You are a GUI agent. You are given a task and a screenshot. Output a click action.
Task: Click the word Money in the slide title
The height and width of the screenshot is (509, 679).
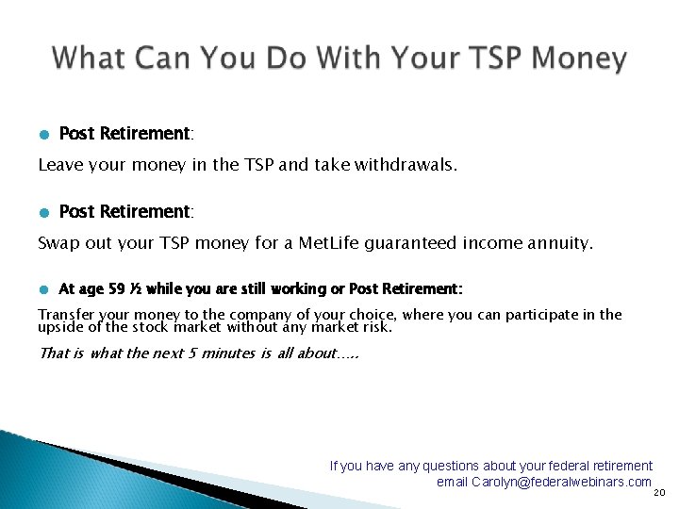[578, 58]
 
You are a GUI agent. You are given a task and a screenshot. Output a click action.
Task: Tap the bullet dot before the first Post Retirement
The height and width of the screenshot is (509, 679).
[43, 135]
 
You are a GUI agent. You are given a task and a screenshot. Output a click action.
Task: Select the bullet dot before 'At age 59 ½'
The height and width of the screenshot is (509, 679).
[43, 289]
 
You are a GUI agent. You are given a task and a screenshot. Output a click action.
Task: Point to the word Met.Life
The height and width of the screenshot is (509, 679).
[331, 243]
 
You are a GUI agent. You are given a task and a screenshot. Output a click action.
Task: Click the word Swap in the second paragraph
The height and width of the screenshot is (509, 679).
[57, 243]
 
